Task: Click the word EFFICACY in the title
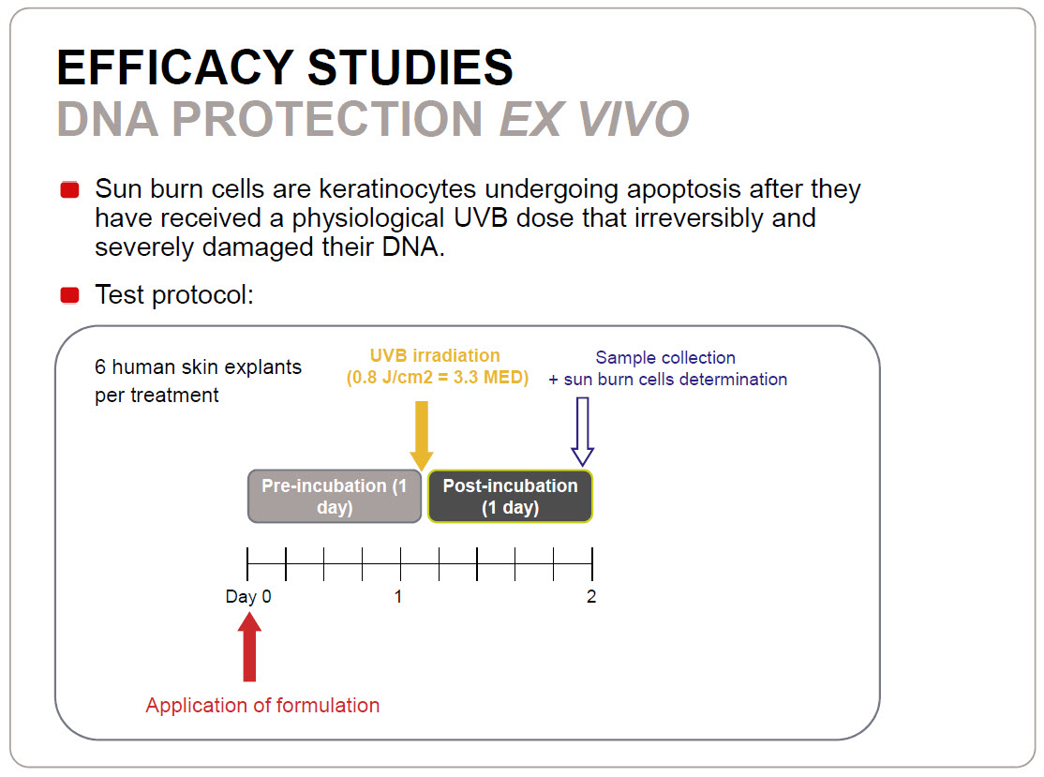point(175,67)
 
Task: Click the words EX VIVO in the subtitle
point(594,119)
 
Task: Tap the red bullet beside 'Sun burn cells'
point(70,189)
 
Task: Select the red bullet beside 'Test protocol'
point(70,295)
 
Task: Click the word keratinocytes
point(397,189)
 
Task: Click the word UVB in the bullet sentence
point(481,218)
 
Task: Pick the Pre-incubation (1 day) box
point(335,496)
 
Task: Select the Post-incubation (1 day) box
point(510,496)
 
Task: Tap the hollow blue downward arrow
point(583,431)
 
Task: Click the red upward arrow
point(249,647)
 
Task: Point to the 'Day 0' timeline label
point(248,596)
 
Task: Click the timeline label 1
point(398,596)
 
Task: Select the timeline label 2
point(591,596)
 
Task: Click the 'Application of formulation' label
point(263,705)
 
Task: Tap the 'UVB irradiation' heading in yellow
point(435,355)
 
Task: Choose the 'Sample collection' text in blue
point(665,357)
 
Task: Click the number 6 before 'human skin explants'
point(100,366)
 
